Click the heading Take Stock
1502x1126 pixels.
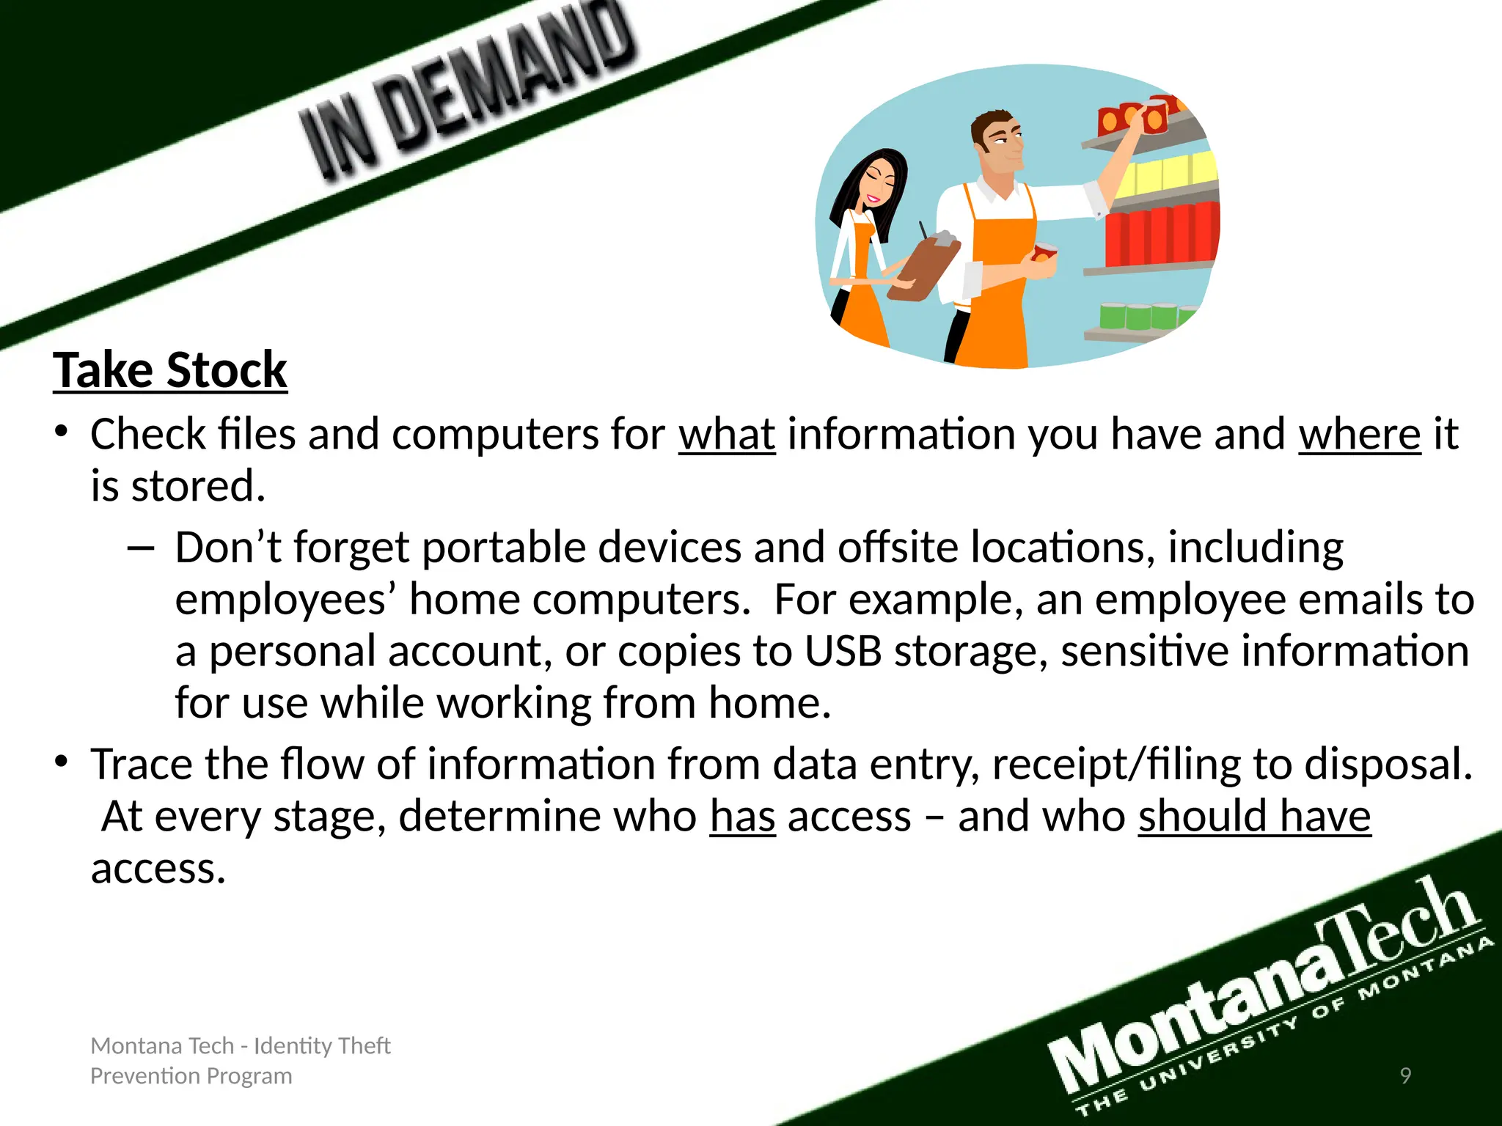(170, 370)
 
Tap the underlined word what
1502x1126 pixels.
(727, 435)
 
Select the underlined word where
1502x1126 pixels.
(1360, 435)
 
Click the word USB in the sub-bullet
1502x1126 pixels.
(843, 652)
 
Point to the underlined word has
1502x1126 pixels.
(742, 817)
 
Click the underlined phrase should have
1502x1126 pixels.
(1254, 817)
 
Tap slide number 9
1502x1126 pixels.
(1405, 1075)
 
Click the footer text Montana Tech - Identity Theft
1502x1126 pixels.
(241, 1045)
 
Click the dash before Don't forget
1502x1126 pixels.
(141, 548)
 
